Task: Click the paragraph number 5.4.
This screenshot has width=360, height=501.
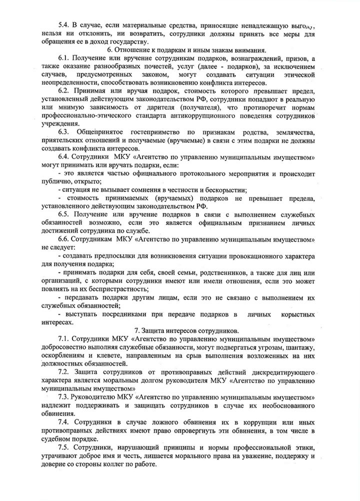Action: [65, 24]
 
